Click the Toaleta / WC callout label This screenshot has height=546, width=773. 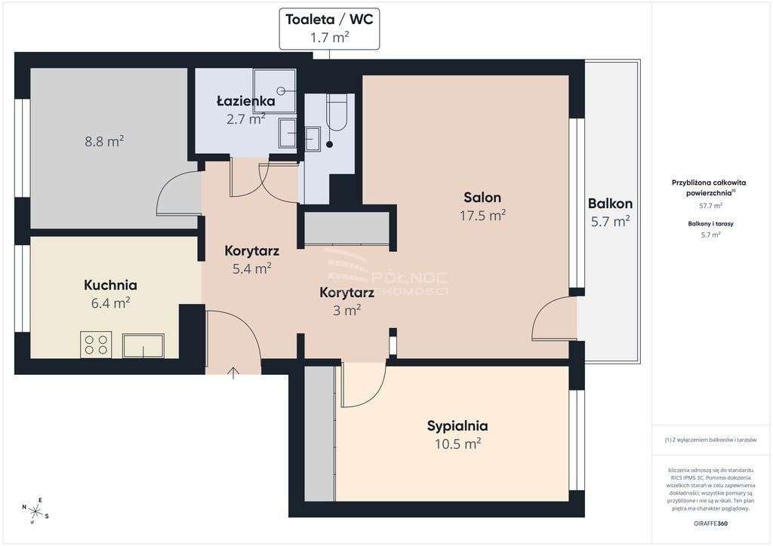[x=329, y=29]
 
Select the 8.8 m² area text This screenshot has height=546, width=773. [x=105, y=140]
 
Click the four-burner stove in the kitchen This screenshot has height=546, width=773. [x=96, y=345]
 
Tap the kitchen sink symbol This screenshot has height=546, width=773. [x=143, y=346]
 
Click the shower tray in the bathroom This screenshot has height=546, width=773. [x=274, y=89]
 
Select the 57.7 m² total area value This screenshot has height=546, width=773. [x=710, y=205]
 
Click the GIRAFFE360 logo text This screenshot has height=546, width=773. [x=710, y=523]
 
